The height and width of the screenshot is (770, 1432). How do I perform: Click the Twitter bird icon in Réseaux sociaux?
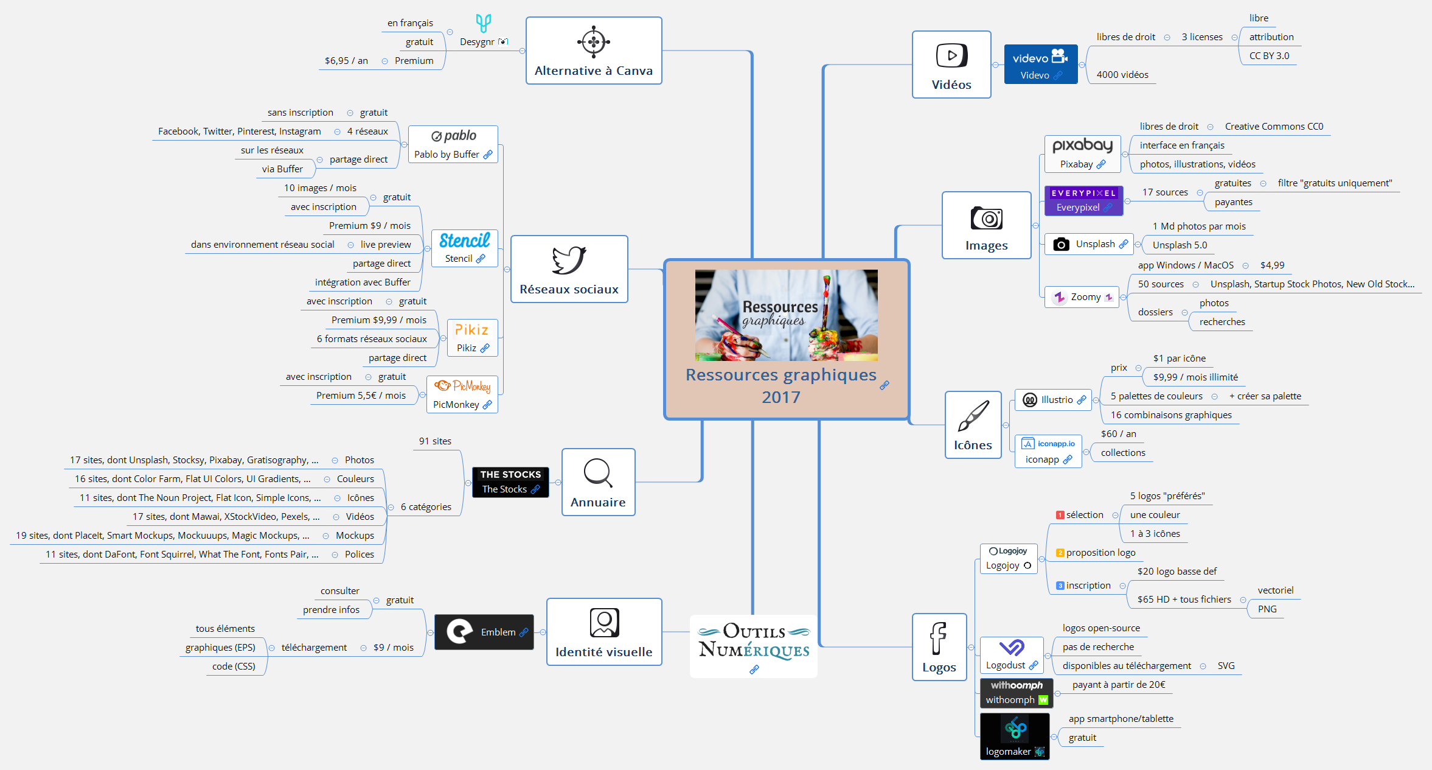pos(569,261)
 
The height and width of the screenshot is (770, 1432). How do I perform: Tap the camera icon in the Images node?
pos(986,218)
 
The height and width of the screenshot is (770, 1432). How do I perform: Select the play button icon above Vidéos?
pos(951,55)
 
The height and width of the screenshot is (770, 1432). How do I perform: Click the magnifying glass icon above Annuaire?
pos(598,473)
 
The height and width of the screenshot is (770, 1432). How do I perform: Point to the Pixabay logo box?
pos(1082,153)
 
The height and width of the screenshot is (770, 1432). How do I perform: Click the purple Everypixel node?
pos(1083,200)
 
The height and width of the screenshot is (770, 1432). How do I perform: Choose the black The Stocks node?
pos(510,482)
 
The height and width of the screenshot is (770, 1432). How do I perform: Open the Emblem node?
pos(484,632)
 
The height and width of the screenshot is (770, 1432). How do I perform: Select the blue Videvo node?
pos(1040,65)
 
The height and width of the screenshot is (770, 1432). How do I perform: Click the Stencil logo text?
pos(464,240)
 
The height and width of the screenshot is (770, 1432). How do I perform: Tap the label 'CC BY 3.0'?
pos(1269,56)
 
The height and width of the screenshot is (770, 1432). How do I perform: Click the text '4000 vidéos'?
pos(1122,75)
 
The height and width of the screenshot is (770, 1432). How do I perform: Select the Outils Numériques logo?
pos(754,643)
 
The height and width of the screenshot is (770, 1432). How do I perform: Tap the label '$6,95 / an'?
pos(346,61)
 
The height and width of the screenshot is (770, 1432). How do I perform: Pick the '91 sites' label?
pos(435,441)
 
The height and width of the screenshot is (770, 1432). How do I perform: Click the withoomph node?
pos(1016,693)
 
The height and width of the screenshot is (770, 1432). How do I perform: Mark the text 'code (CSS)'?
pos(234,667)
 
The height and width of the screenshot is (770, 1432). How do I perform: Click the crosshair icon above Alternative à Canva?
pos(593,42)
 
